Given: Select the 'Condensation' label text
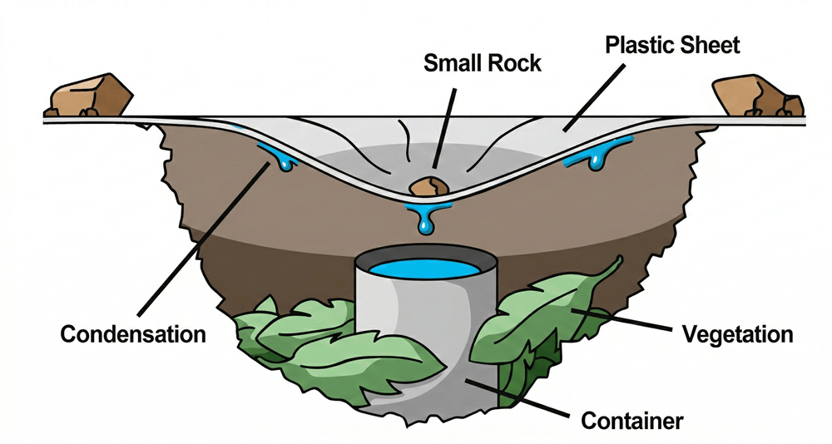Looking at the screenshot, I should [x=133, y=335].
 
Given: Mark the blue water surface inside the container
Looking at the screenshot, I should [x=426, y=270].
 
